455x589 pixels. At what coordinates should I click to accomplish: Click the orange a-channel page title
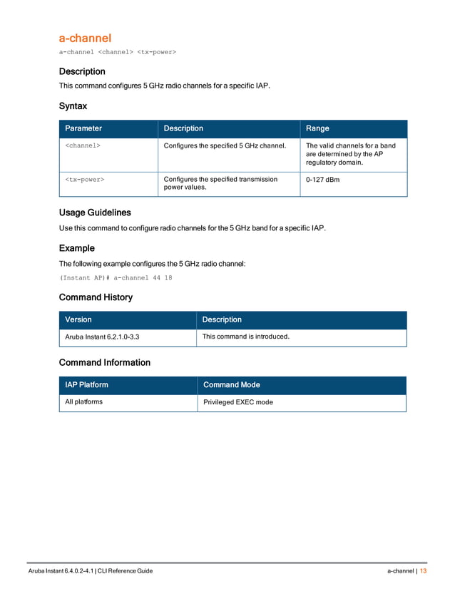[x=85, y=38]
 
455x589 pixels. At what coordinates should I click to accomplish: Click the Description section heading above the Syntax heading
[x=82, y=71]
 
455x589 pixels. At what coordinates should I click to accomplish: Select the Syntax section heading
[x=73, y=106]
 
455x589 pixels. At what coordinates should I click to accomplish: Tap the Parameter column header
[x=83, y=128]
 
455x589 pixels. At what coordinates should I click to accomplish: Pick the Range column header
[x=317, y=128]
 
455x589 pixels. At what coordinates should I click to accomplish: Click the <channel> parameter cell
[x=83, y=145]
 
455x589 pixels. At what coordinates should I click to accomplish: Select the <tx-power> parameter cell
[x=85, y=180]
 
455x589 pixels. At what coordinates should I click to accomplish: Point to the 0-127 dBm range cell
[x=322, y=180]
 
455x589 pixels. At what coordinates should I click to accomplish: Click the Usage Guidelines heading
[x=95, y=212]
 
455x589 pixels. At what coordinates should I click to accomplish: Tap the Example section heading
[x=76, y=248]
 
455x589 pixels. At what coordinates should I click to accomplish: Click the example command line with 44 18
[x=116, y=277]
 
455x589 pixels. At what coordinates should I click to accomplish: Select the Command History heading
[x=96, y=297]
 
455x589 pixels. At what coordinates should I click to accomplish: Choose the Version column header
[x=78, y=319]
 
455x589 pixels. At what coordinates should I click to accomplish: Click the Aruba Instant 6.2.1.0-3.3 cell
[x=102, y=337]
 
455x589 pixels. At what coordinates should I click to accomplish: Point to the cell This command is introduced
[x=246, y=337]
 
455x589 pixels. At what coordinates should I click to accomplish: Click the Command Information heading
[x=104, y=362]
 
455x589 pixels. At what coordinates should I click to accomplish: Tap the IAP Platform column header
[x=86, y=385]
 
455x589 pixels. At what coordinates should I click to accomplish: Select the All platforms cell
[x=83, y=402]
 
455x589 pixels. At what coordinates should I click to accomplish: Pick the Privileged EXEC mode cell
[x=238, y=402]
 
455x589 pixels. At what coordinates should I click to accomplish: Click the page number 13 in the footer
[x=423, y=571]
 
